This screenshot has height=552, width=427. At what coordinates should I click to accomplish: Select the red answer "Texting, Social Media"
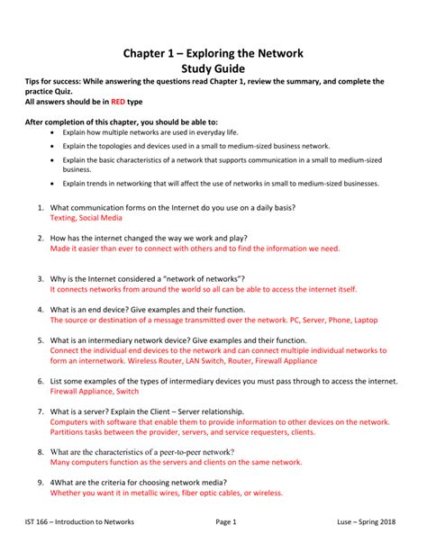coord(87,218)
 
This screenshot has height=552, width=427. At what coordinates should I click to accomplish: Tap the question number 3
coord(41,279)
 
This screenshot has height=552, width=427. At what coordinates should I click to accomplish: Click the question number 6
coord(41,381)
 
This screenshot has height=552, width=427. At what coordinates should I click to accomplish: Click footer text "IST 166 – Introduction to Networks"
coord(79,521)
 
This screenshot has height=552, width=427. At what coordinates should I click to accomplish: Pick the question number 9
coord(41,482)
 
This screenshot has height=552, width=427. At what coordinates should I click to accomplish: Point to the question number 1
coord(41,207)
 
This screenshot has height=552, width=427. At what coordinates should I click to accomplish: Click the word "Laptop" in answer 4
coord(366,320)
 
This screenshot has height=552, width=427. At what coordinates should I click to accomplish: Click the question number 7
coord(41,411)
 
